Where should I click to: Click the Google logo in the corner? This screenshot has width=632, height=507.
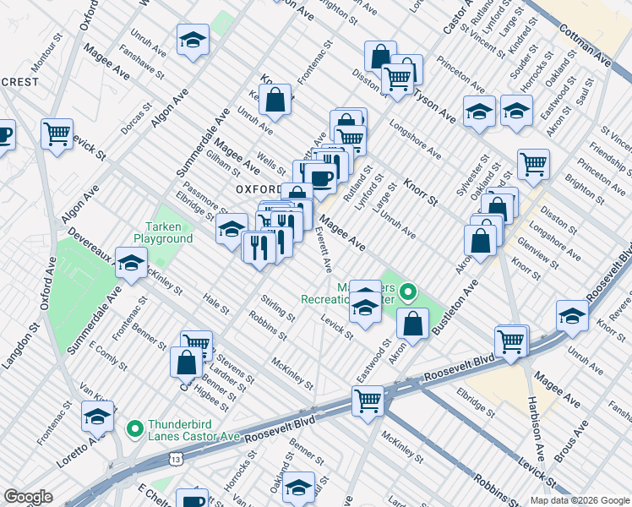tap(28, 497)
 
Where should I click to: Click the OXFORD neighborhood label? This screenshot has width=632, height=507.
tap(258, 188)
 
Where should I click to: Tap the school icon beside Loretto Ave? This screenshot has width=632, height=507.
tap(98, 417)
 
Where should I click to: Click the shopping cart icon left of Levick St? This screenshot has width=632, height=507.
tap(57, 134)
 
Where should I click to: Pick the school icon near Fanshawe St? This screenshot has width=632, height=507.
tap(193, 40)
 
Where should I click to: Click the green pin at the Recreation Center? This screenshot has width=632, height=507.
tap(408, 294)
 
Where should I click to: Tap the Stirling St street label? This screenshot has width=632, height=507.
tap(277, 309)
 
